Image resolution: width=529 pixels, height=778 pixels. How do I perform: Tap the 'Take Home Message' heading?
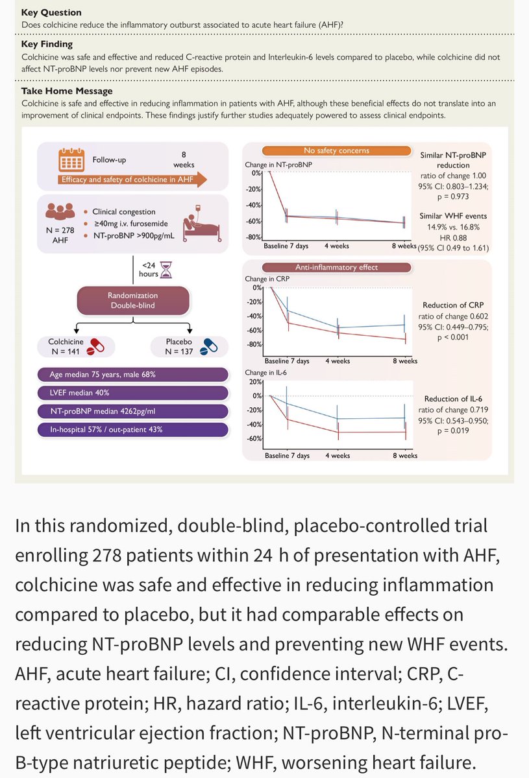click(67, 91)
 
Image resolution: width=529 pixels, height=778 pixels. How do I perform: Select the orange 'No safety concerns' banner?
click(336, 151)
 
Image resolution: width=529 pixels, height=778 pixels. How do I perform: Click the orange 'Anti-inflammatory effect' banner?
click(336, 266)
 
